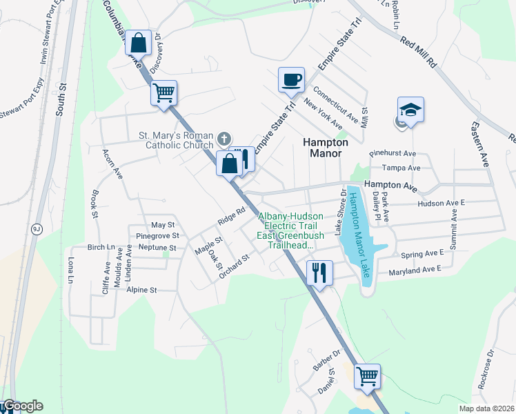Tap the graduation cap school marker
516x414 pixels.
pos(410,110)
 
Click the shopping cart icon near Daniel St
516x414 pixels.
pos(368,377)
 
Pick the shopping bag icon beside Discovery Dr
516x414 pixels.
pos(139,43)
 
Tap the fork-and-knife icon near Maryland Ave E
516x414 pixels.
pos(319,271)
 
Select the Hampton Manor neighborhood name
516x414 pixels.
pos(322,147)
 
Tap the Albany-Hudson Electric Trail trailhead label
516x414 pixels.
pos(290,230)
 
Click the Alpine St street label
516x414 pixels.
pos(142,290)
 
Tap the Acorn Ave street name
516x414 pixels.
pos(111,164)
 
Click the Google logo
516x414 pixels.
pos(22,406)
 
